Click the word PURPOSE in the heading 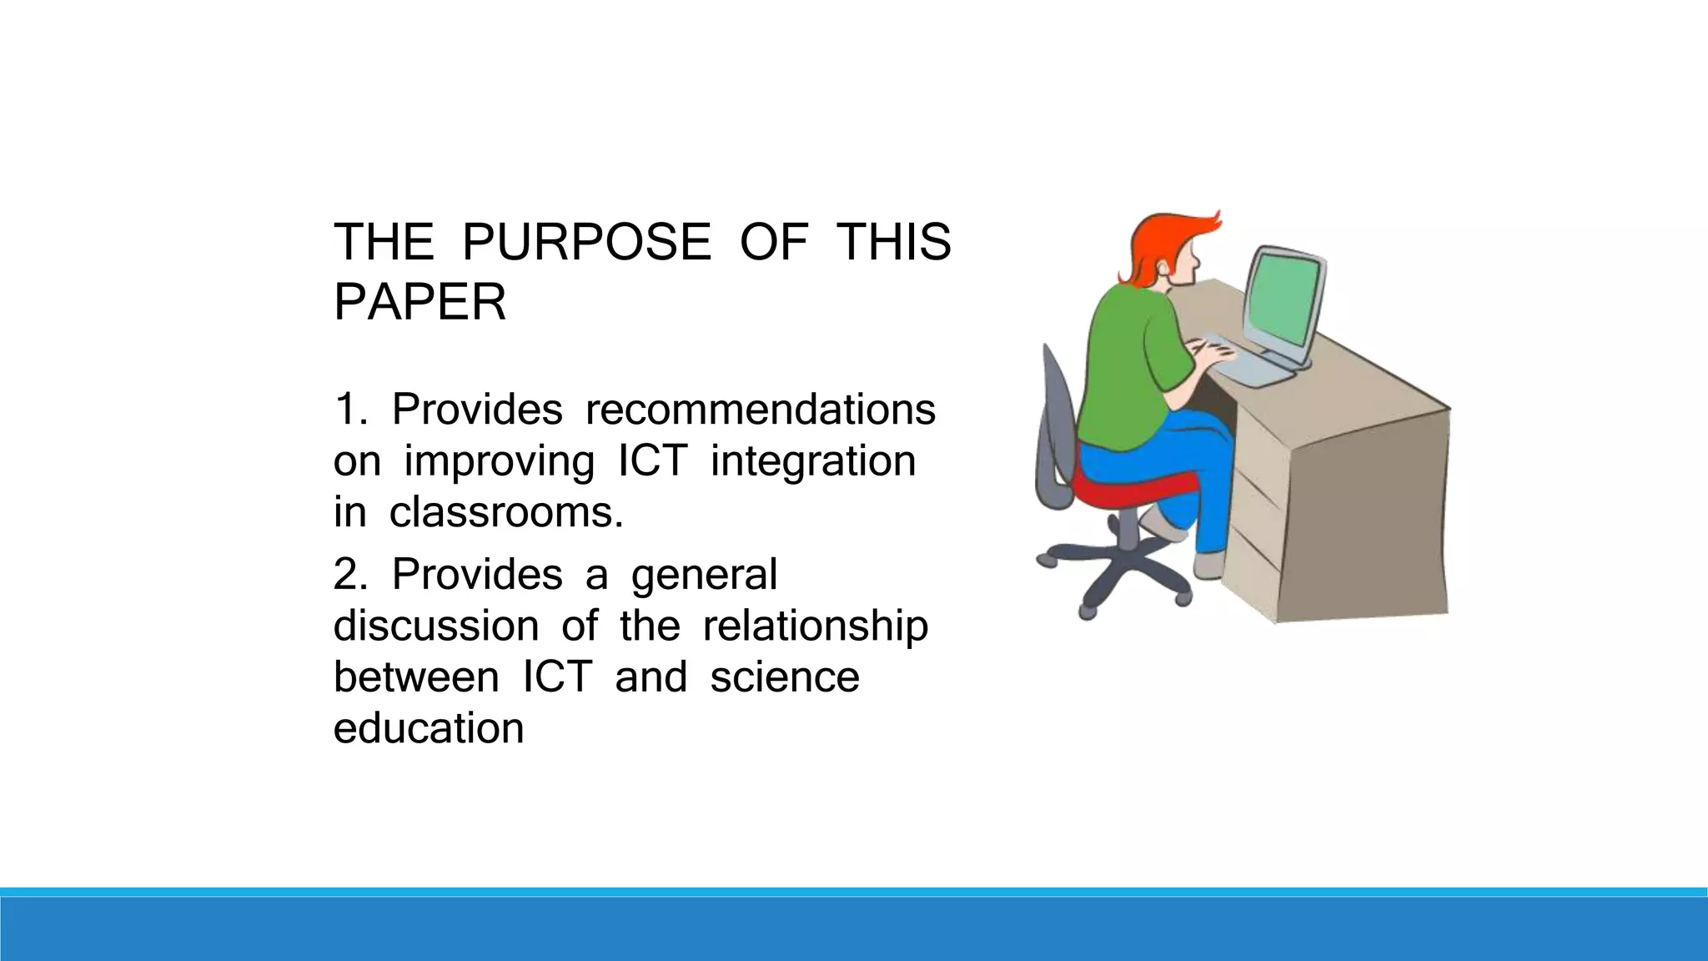(x=586, y=243)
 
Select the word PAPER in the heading (x=419, y=302)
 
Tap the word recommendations (x=760, y=410)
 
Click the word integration (x=813, y=461)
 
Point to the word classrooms (x=505, y=512)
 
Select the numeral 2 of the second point (x=347, y=575)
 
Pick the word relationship (x=815, y=626)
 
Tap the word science (x=784, y=677)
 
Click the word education (x=429, y=728)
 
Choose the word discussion (x=436, y=626)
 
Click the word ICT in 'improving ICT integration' (x=652, y=461)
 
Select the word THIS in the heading (x=893, y=243)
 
